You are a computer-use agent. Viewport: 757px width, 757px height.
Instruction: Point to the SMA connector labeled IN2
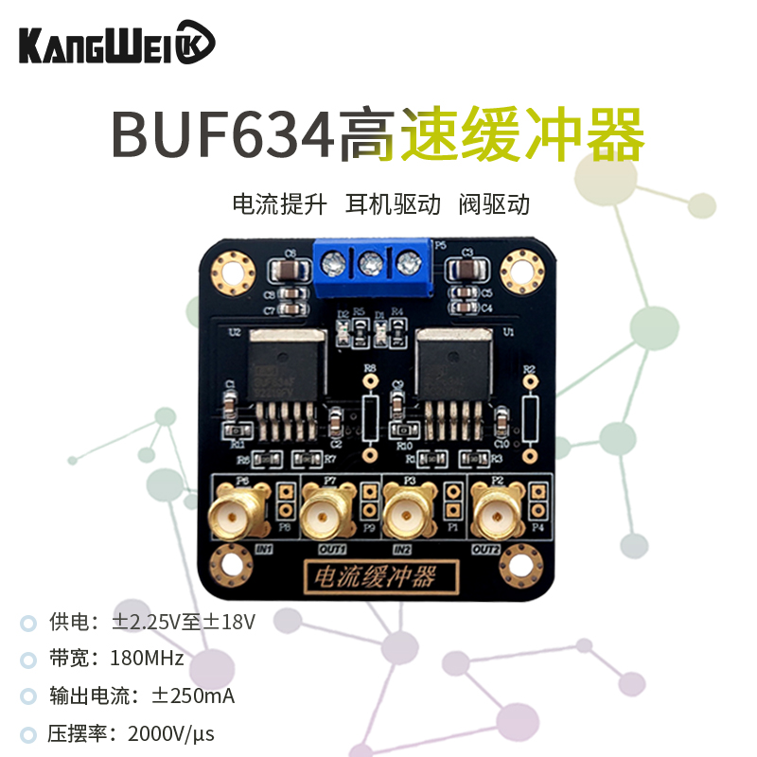click(408, 515)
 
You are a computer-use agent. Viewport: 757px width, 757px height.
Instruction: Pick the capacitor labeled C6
click(288, 273)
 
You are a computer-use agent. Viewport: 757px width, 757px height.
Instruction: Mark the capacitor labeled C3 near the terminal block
click(465, 272)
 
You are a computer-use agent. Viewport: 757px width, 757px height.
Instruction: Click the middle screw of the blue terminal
click(370, 262)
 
